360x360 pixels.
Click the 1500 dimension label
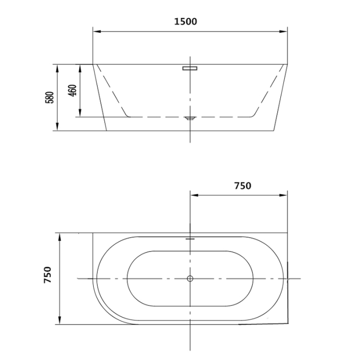click(186, 22)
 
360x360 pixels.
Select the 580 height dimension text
click(49, 97)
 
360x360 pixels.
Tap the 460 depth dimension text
click(73, 91)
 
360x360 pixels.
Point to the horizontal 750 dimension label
click(243, 186)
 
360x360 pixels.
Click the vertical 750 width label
click(47, 275)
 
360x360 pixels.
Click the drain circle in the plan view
click(190, 279)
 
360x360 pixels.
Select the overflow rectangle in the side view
click(190, 68)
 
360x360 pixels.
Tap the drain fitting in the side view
click(190, 118)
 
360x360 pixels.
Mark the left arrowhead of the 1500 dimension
click(97, 31)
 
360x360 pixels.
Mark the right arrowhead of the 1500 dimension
click(283, 31)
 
